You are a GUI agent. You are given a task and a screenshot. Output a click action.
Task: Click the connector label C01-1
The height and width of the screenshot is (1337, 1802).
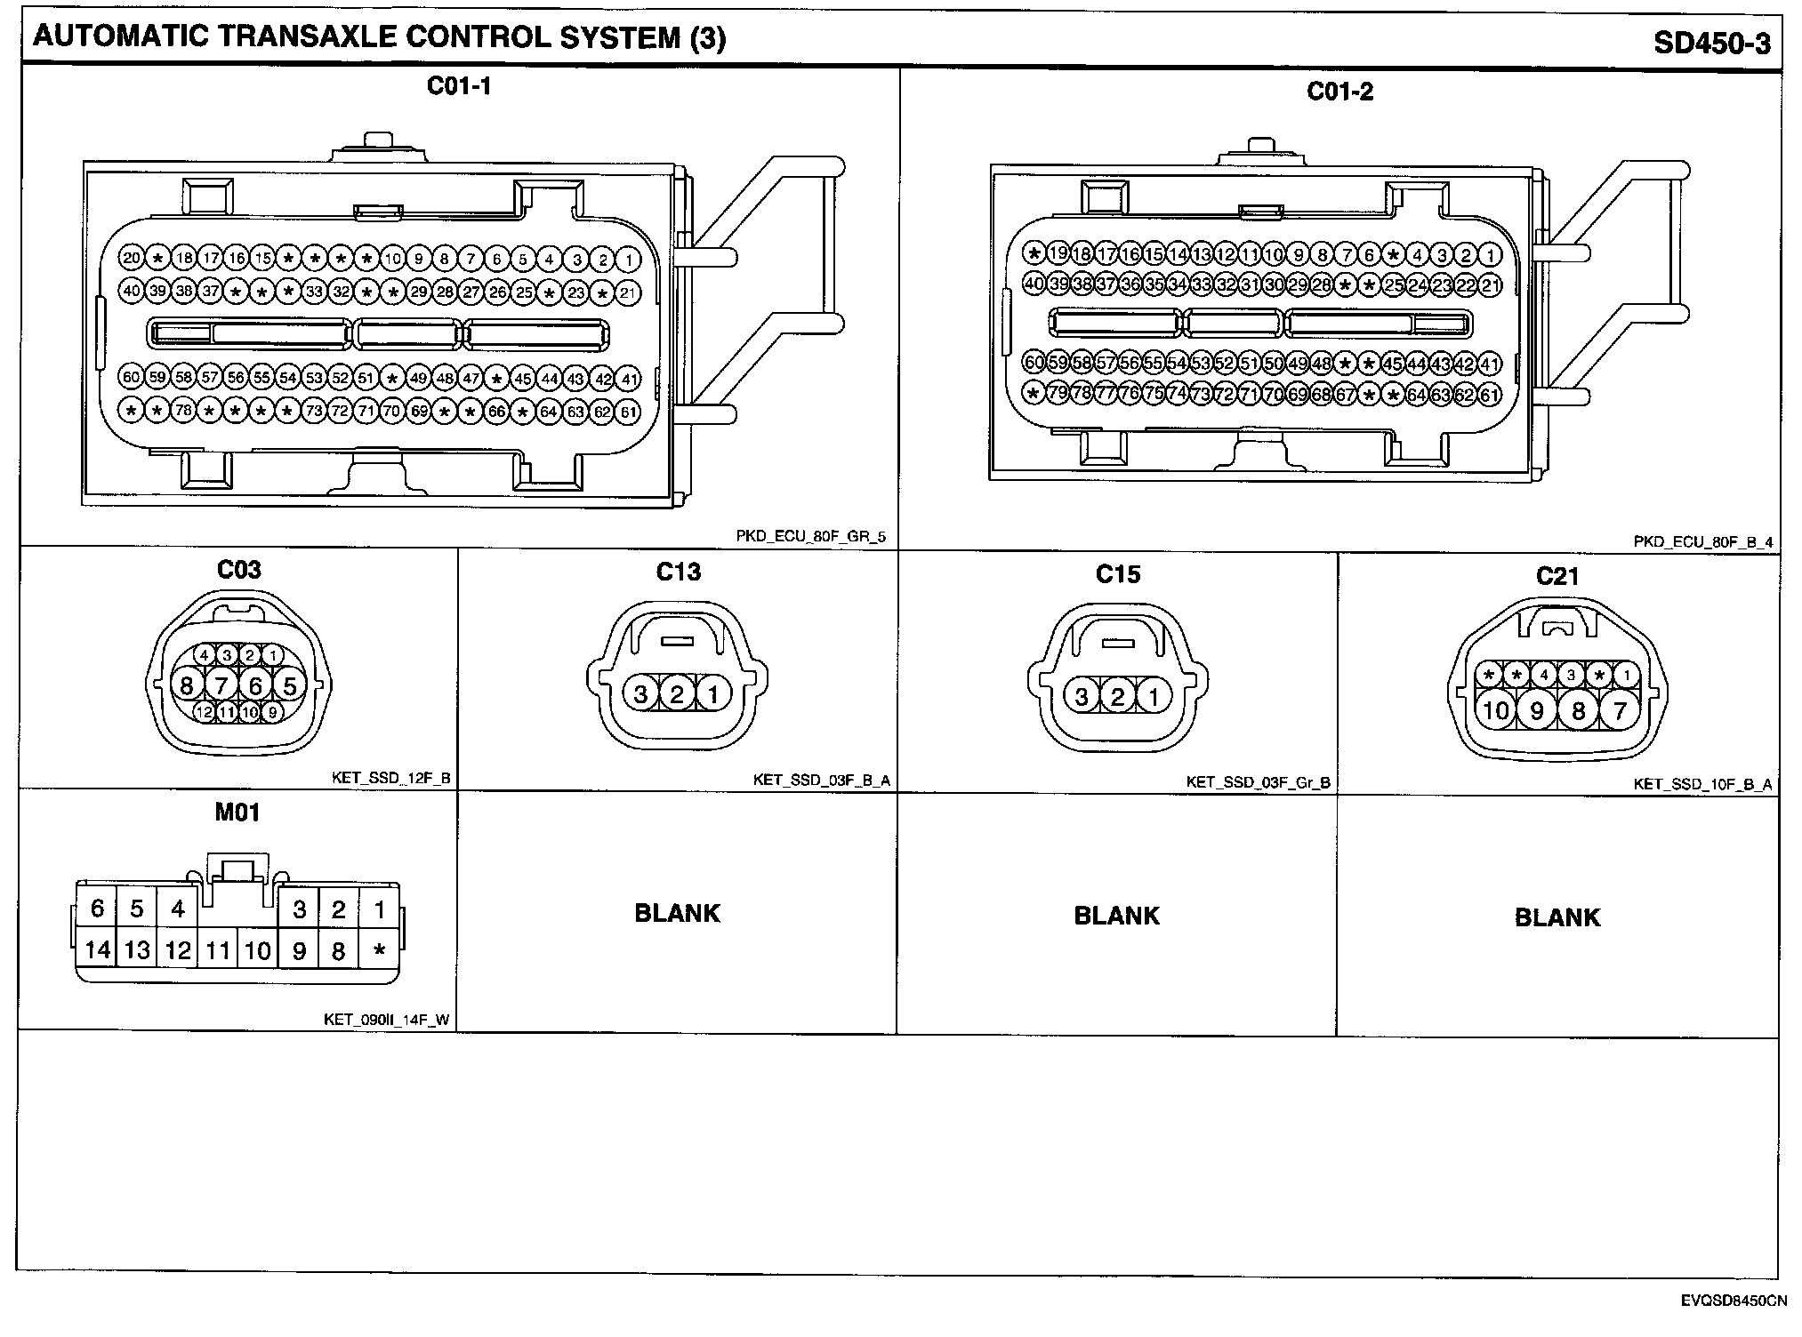[459, 86]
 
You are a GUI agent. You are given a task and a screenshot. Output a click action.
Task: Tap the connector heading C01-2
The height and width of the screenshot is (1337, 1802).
[1339, 92]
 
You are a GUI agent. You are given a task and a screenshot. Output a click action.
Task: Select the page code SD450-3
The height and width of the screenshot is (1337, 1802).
[1712, 44]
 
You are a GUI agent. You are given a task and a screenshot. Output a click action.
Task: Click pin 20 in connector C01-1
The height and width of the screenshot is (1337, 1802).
[132, 259]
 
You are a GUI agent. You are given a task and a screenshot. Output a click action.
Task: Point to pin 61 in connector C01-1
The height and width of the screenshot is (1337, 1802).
[629, 412]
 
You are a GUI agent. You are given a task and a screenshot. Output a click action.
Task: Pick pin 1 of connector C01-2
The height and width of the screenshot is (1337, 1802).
[1491, 255]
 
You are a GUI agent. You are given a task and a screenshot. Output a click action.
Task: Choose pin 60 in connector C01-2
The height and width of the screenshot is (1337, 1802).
[1034, 363]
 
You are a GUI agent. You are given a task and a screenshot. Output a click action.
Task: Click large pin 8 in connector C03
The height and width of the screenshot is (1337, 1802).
[186, 685]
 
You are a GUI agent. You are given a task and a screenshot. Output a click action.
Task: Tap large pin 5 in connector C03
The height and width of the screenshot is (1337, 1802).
[289, 685]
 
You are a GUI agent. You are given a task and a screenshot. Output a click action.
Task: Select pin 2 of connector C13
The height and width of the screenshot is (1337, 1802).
[677, 693]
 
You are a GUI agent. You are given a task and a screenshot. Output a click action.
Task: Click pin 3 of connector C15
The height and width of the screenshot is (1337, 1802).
[1082, 695]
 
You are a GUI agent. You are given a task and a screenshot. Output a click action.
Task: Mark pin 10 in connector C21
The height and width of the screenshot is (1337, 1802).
[1496, 710]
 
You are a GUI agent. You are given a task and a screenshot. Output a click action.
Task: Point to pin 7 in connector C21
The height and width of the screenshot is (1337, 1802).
[1619, 710]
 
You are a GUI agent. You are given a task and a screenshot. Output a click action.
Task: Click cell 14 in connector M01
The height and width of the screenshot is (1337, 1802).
[97, 950]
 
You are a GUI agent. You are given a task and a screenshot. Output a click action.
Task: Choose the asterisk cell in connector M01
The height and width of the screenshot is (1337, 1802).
[380, 951]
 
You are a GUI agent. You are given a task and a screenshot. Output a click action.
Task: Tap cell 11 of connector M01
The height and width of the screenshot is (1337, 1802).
[218, 951]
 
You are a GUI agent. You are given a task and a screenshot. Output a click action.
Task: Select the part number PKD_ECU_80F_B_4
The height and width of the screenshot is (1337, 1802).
[1703, 541]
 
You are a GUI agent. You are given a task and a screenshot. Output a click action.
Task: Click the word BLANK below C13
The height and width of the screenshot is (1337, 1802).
[677, 914]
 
